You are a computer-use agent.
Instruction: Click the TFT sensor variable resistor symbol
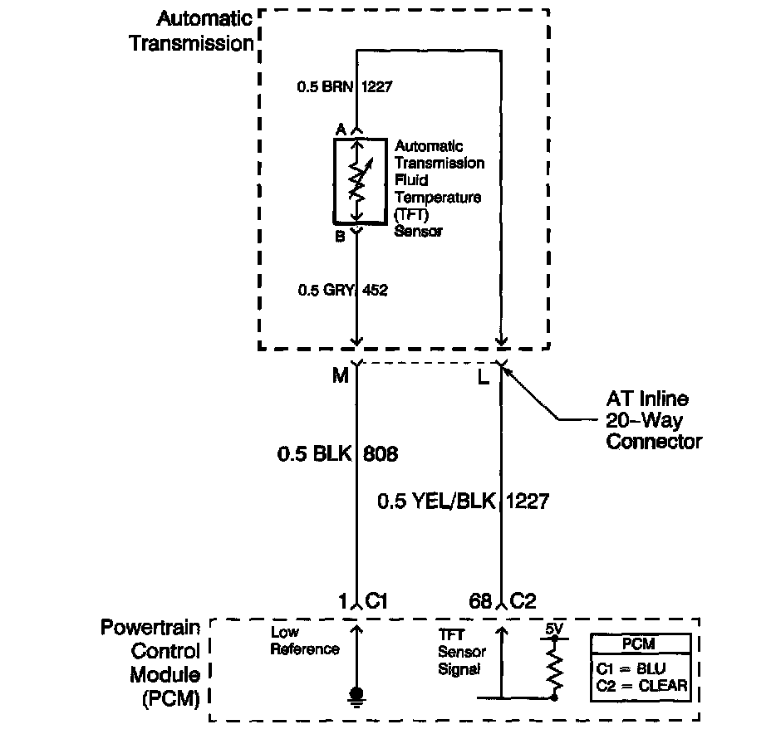point(356,182)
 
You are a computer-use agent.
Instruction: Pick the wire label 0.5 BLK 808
point(336,454)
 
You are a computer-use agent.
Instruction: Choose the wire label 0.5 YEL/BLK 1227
point(463,501)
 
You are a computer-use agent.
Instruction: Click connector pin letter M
point(341,377)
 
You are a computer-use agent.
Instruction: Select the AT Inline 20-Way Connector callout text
point(653,420)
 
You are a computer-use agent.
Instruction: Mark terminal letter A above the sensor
point(340,130)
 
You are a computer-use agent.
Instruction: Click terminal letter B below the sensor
point(340,237)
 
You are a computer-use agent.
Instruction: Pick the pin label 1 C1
point(363,601)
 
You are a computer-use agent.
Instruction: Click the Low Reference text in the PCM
point(305,641)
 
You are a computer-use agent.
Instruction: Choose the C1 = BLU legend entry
point(631,668)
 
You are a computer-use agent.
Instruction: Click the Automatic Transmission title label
point(192,31)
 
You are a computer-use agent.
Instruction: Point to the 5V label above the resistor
point(554,630)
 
